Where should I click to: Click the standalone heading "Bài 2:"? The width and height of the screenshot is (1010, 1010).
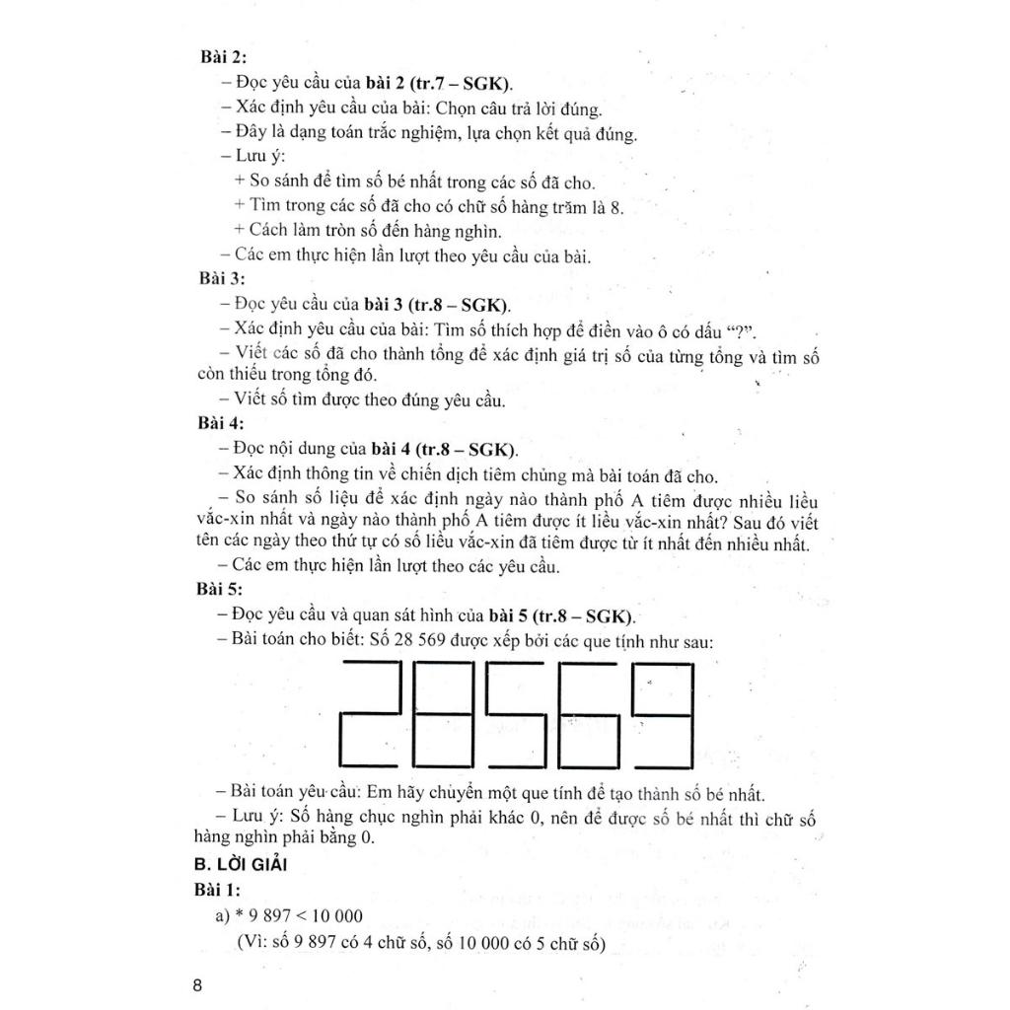point(223,57)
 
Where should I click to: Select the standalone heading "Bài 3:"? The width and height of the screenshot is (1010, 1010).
point(222,279)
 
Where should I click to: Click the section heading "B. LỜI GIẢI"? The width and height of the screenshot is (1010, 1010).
point(242,865)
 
